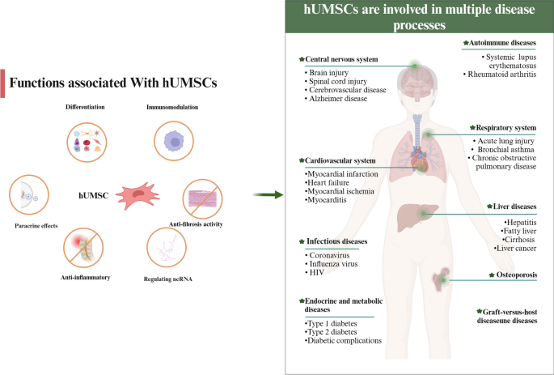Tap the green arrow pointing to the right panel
(x=267, y=195)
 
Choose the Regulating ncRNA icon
(x=168, y=249)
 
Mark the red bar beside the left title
(x=3, y=83)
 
